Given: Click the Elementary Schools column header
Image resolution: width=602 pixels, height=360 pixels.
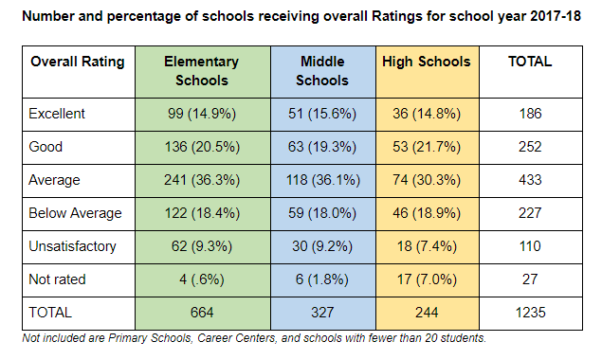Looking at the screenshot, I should click(x=201, y=71).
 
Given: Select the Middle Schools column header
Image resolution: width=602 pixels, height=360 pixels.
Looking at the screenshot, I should click(x=322, y=71).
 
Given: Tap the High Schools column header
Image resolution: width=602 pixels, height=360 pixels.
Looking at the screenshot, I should click(x=426, y=63).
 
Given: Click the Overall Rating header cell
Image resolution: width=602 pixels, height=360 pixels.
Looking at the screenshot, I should click(x=78, y=63).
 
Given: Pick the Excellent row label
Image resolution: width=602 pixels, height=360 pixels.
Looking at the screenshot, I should click(x=58, y=114).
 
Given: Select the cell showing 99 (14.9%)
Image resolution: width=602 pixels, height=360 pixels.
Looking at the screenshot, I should click(x=201, y=114).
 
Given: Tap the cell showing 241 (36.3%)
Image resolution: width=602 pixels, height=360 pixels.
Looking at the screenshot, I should click(x=201, y=180).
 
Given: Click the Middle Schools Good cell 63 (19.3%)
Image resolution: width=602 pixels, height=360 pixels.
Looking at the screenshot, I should click(x=322, y=147).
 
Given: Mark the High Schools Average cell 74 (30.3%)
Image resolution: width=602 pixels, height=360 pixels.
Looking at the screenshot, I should click(x=426, y=180).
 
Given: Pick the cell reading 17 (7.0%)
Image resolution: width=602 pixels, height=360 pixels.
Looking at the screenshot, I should click(x=426, y=279).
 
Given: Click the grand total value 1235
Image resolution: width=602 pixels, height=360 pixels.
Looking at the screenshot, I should click(x=530, y=312).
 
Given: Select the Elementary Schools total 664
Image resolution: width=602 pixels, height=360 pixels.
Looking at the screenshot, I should click(x=201, y=312).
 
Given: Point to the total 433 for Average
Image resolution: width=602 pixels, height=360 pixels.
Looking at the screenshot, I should click(x=530, y=180).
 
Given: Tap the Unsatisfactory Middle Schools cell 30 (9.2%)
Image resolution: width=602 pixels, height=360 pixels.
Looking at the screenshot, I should click(x=322, y=246).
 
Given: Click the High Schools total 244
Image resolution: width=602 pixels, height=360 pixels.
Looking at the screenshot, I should click(x=426, y=312).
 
